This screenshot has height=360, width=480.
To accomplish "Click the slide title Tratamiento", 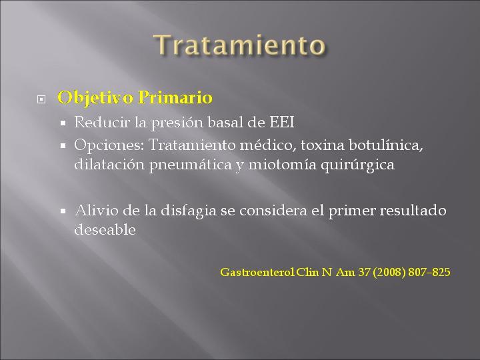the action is coord(239,45).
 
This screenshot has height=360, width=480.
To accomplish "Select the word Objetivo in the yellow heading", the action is coord(95,98).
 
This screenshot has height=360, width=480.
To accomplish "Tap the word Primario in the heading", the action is coord(175,98).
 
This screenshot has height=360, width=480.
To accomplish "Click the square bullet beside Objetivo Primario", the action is coord(41,99).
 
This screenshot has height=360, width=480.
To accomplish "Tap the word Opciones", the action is coord(109,145).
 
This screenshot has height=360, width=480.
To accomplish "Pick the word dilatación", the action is coord(109,165).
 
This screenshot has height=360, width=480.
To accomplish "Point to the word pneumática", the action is coord(191,165).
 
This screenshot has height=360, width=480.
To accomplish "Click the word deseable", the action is coord(105,229).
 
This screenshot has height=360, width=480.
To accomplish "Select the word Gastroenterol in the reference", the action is coord(257,272).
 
